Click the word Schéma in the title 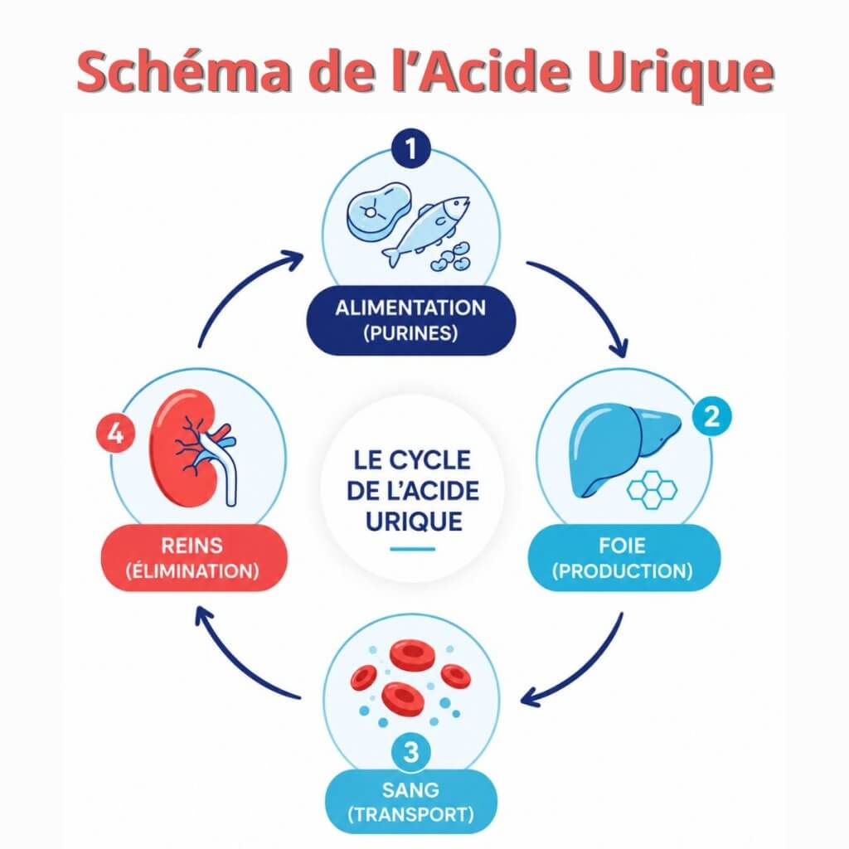pos(184,71)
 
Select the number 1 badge pos(411,148)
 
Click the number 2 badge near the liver pos(712,416)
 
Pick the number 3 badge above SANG pos(411,752)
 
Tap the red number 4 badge pos(115,434)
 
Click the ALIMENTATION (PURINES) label pos(411,321)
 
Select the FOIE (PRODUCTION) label pos(623,558)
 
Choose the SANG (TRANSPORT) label pos(411,802)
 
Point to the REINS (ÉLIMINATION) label pos(193,558)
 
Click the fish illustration pos(425,230)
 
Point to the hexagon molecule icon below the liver pos(652,490)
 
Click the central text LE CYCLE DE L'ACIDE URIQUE pos(413,491)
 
